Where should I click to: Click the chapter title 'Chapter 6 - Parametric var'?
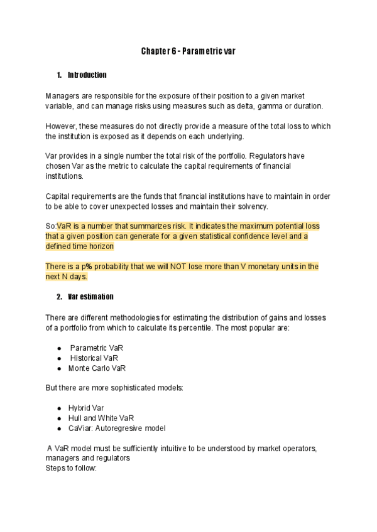coord(188,51)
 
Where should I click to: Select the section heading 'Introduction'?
coord(87,75)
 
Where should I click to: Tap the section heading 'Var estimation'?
coord(90,296)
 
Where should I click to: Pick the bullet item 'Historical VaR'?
coord(94,358)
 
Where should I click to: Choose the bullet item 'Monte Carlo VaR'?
coord(97,368)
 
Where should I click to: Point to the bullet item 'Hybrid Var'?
coord(86,408)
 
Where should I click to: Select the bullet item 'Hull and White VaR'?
coord(101,418)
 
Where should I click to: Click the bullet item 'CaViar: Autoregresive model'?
coord(117,428)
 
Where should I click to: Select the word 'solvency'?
coord(269,206)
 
